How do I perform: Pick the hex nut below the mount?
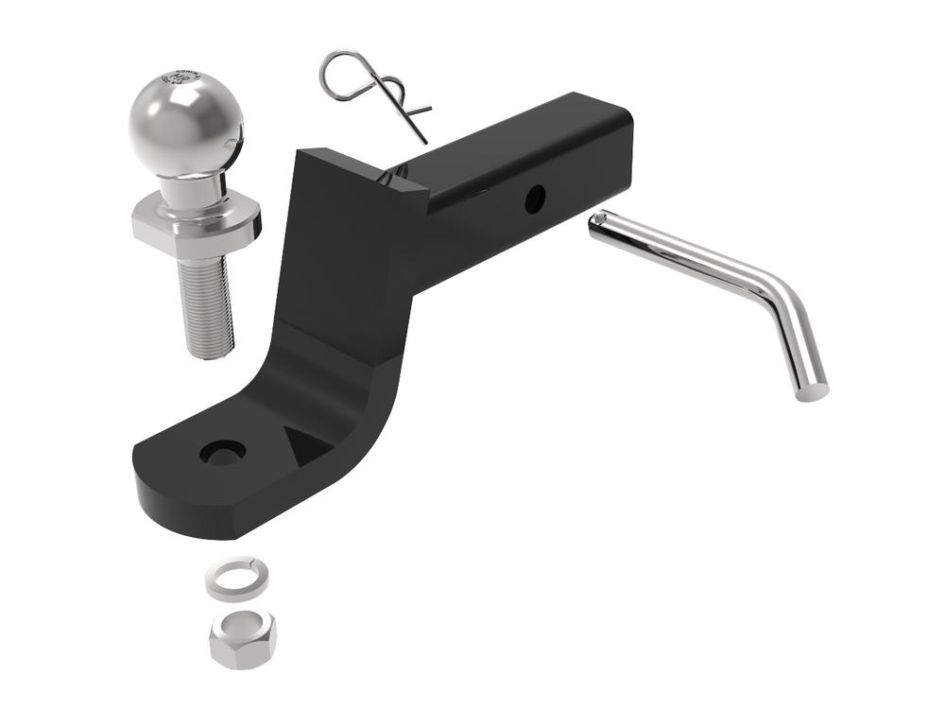[x=242, y=638]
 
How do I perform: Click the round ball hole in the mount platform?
[x=223, y=452]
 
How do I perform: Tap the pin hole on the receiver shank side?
[x=535, y=199]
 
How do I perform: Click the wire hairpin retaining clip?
[x=373, y=90]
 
